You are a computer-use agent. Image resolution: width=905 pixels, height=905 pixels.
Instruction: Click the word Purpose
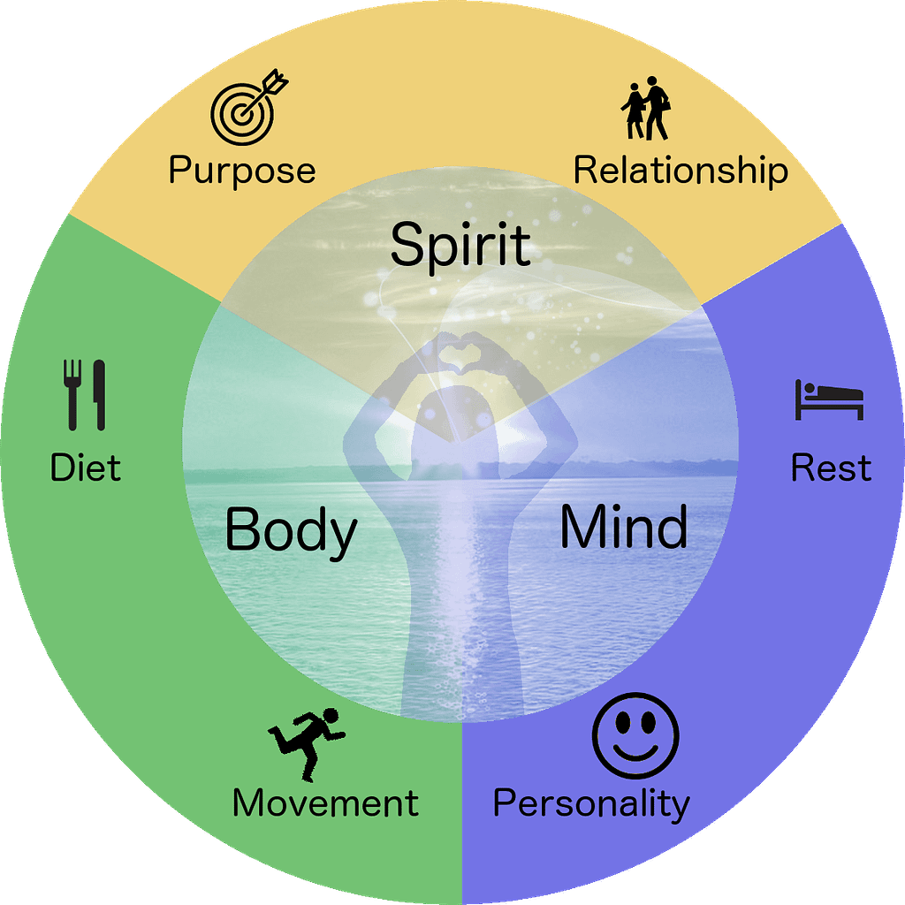click(x=242, y=171)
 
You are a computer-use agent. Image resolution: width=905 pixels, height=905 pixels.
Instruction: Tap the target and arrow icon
click(x=248, y=108)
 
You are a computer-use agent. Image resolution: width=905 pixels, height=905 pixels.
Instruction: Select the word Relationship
click(x=681, y=171)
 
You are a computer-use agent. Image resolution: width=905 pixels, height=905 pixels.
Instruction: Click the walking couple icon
click(x=646, y=108)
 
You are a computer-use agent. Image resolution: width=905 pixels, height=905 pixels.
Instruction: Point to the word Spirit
click(x=460, y=245)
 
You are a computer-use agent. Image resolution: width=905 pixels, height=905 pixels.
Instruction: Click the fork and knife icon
click(x=85, y=395)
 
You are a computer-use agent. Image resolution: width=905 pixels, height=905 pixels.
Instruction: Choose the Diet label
click(x=86, y=467)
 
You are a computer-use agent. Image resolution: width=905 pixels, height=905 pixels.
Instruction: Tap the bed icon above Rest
click(x=829, y=399)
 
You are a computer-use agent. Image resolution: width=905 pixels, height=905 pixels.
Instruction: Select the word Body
click(x=291, y=531)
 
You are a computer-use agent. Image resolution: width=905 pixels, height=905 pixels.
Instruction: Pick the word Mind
click(x=624, y=527)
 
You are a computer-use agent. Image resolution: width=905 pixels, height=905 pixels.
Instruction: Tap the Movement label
click(x=325, y=802)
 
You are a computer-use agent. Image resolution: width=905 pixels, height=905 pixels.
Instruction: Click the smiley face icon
click(x=635, y=736)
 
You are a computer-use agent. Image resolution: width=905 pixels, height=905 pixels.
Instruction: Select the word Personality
click(x=591, y=803)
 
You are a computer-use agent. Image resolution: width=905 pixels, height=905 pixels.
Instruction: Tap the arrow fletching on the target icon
click(x=276, y=81)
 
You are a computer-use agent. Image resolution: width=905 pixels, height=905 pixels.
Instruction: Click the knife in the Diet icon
click(x=100, y=395)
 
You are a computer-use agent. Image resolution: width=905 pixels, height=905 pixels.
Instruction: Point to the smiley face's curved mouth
click(x=635, y=751)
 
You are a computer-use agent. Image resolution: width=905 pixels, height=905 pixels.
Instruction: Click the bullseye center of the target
click(x=242, y=114)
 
